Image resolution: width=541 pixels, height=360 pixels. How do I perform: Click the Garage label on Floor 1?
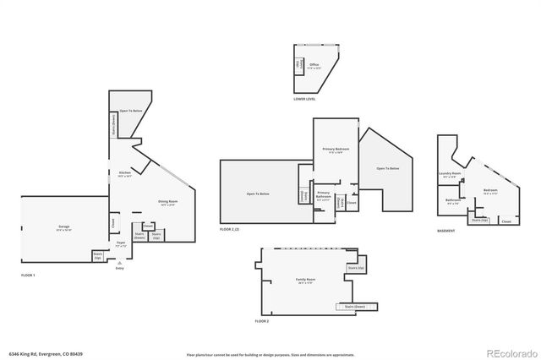[63, 227]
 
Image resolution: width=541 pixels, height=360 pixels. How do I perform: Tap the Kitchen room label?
[125, 174]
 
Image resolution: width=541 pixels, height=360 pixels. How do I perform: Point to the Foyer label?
[121, 243]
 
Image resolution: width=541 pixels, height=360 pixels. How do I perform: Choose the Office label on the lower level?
[314, 65]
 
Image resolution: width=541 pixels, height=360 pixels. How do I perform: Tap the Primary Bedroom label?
[333, 150]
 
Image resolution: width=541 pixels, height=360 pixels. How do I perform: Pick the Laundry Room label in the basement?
[450, 174]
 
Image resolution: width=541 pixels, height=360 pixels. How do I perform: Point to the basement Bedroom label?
[490, 191]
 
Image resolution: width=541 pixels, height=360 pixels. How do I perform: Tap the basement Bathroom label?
[452, 201]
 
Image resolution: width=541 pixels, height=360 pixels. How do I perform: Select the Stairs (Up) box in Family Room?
[356, 268]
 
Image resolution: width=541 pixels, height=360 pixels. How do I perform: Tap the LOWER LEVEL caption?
[304, 99]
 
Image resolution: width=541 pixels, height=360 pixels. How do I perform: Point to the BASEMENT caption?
[445, 231]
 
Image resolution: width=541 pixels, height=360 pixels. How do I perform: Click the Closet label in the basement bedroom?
[505, 221]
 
